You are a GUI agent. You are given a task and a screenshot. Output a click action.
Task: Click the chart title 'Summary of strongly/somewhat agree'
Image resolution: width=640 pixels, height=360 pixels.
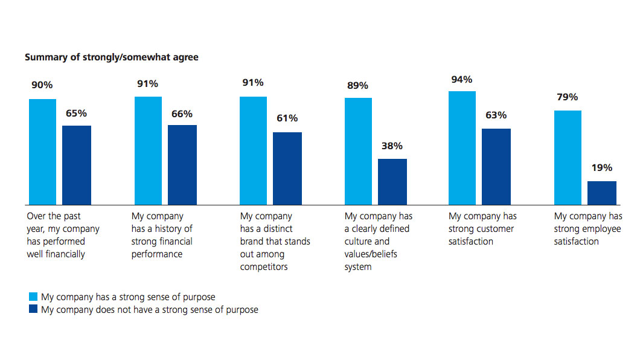point(112,57)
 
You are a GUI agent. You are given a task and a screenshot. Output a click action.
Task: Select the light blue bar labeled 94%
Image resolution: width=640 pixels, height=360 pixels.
point(462,148)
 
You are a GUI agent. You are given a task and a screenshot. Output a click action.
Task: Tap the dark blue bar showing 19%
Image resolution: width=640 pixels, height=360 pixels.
point(602,193)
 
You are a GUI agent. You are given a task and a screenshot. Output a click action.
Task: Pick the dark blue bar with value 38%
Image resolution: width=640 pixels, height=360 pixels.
point(392,182)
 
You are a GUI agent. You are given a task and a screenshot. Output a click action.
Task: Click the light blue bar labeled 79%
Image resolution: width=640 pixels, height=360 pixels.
point(568,158)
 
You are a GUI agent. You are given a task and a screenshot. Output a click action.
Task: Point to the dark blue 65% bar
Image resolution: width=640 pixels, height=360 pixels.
point(77,165)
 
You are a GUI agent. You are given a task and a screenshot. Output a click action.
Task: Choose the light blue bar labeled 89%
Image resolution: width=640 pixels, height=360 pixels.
point(358,151)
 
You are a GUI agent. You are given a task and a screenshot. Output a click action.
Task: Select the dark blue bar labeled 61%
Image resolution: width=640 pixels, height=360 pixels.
point(287,169)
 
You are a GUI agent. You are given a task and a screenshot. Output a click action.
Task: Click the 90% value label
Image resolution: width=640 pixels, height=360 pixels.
point(43,86)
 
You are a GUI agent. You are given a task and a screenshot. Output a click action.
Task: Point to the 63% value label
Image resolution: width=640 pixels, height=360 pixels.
point(496,115)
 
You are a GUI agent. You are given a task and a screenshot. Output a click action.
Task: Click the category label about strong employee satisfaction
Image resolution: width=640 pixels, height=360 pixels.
point(588,229)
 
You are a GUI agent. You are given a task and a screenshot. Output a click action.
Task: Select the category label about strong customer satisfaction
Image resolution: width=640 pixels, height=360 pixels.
point(482,229)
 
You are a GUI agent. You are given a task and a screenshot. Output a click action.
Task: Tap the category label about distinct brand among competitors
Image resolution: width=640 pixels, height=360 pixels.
point(275,242)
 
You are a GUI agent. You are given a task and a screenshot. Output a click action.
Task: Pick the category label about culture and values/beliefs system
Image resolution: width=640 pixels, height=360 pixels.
point(378,242)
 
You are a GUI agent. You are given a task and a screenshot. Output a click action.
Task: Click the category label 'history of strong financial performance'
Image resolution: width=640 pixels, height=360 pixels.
point(162,235)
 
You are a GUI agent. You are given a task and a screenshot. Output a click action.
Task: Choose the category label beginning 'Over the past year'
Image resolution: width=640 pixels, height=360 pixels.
point(63,235)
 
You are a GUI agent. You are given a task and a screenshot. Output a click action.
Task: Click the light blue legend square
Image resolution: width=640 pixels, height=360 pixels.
point(33,297)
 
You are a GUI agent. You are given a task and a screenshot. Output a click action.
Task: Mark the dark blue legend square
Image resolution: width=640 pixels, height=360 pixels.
point(33,310)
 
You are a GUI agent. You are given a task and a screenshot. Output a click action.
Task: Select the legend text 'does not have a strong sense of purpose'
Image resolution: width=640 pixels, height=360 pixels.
point(149,310)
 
